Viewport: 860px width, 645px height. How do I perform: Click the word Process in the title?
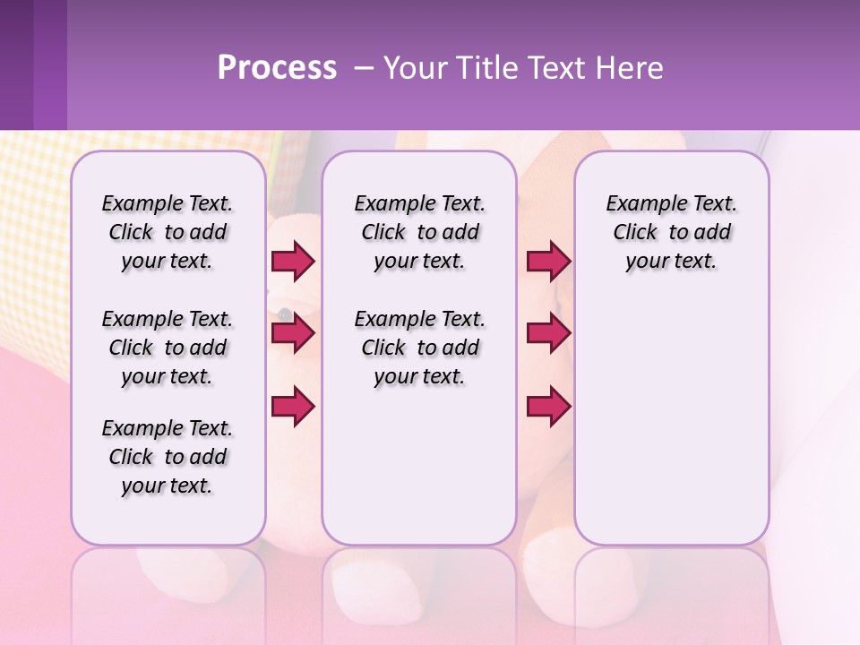pos(277,68)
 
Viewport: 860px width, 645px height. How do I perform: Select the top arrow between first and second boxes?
pos(293,262)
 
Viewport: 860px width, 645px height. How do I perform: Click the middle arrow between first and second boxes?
pos(293,334)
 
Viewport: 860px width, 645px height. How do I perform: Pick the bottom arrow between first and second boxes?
pos(293,407)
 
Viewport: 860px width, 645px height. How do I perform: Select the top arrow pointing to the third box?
pos(548,262)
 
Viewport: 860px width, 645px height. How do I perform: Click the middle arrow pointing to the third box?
pos(548,334)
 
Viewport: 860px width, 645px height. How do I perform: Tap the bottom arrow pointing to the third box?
pos(548,407)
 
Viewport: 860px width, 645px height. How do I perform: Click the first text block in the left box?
pos(168,232)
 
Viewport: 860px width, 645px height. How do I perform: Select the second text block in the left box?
pos(168,348)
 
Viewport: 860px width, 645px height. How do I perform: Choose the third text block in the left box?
pos(168,457)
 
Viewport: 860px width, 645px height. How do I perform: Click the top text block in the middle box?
pos(419,232)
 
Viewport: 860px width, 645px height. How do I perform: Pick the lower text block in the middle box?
pos(419,348)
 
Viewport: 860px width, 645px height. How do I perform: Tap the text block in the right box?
pos(671,232)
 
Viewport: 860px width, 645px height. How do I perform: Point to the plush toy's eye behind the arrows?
pos(284,314)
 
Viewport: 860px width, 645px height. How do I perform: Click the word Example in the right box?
pos(639,203)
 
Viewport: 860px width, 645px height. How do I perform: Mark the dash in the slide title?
pos(364,68)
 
